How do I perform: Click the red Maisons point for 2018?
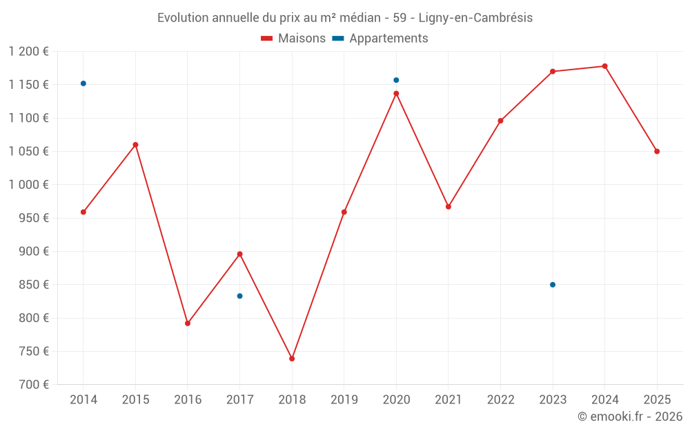(x=292, y=359)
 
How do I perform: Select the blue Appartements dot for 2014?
(x=83, y=83)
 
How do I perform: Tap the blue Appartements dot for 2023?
(x=553, y=285)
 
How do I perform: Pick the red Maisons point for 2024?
(x=605, y=66)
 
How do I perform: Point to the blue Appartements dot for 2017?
(x=239, y=296)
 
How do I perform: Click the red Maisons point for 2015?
(x=135, y=145)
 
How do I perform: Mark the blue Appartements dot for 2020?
(x=396, y=80)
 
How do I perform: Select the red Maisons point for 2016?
(x=188, y=323)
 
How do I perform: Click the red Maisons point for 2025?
(x=657, y=151)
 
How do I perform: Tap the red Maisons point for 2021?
(x=448, y=207)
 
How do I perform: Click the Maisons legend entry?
(x=293, y=39)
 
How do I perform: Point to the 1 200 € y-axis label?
(x=29, y=52)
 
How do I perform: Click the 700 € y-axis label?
(x=33, y=385)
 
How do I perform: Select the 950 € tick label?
(x=33, y=218)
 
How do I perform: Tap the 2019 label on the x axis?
(x=344, y=400)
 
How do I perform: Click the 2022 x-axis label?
(x=500, y=400)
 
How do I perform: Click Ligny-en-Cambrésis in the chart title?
(x=475, y=18)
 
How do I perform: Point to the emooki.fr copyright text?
(x=630, y=417)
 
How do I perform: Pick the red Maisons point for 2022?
(x=501, y=121)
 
